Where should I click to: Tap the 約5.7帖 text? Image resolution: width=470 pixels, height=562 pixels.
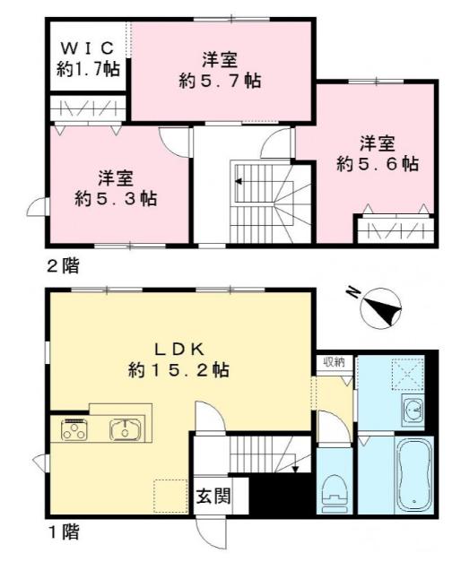coord(219,80)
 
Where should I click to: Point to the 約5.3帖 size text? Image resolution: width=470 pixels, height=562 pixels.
coord(115,198)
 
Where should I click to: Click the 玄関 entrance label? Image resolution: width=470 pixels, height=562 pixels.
coord(213,496)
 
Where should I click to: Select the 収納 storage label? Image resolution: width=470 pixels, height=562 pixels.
coord(333,361)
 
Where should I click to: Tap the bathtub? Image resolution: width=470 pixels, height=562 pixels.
coord(413,476)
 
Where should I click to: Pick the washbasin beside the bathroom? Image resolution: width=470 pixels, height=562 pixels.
coord(413,412)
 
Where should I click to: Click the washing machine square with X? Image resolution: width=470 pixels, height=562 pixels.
coord(409,371)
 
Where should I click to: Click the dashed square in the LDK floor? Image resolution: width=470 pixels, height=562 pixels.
coord(171,496)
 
